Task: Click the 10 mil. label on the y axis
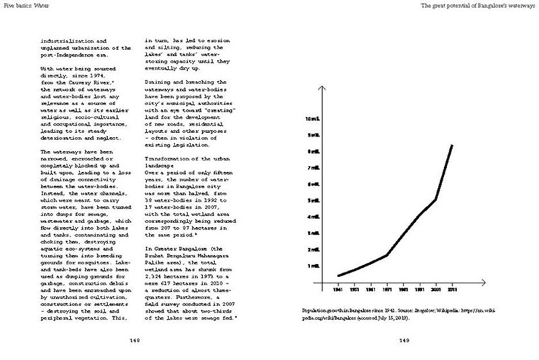tap(312, 119)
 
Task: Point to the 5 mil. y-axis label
tap(313, 201)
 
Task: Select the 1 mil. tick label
tap(313, 266)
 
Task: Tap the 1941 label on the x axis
tap(338, 291)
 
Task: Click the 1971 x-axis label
tap(387, 291)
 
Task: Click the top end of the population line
tap(451, 145)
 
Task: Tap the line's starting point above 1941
tap(338, 276)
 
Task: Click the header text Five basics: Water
tap(26, 5)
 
